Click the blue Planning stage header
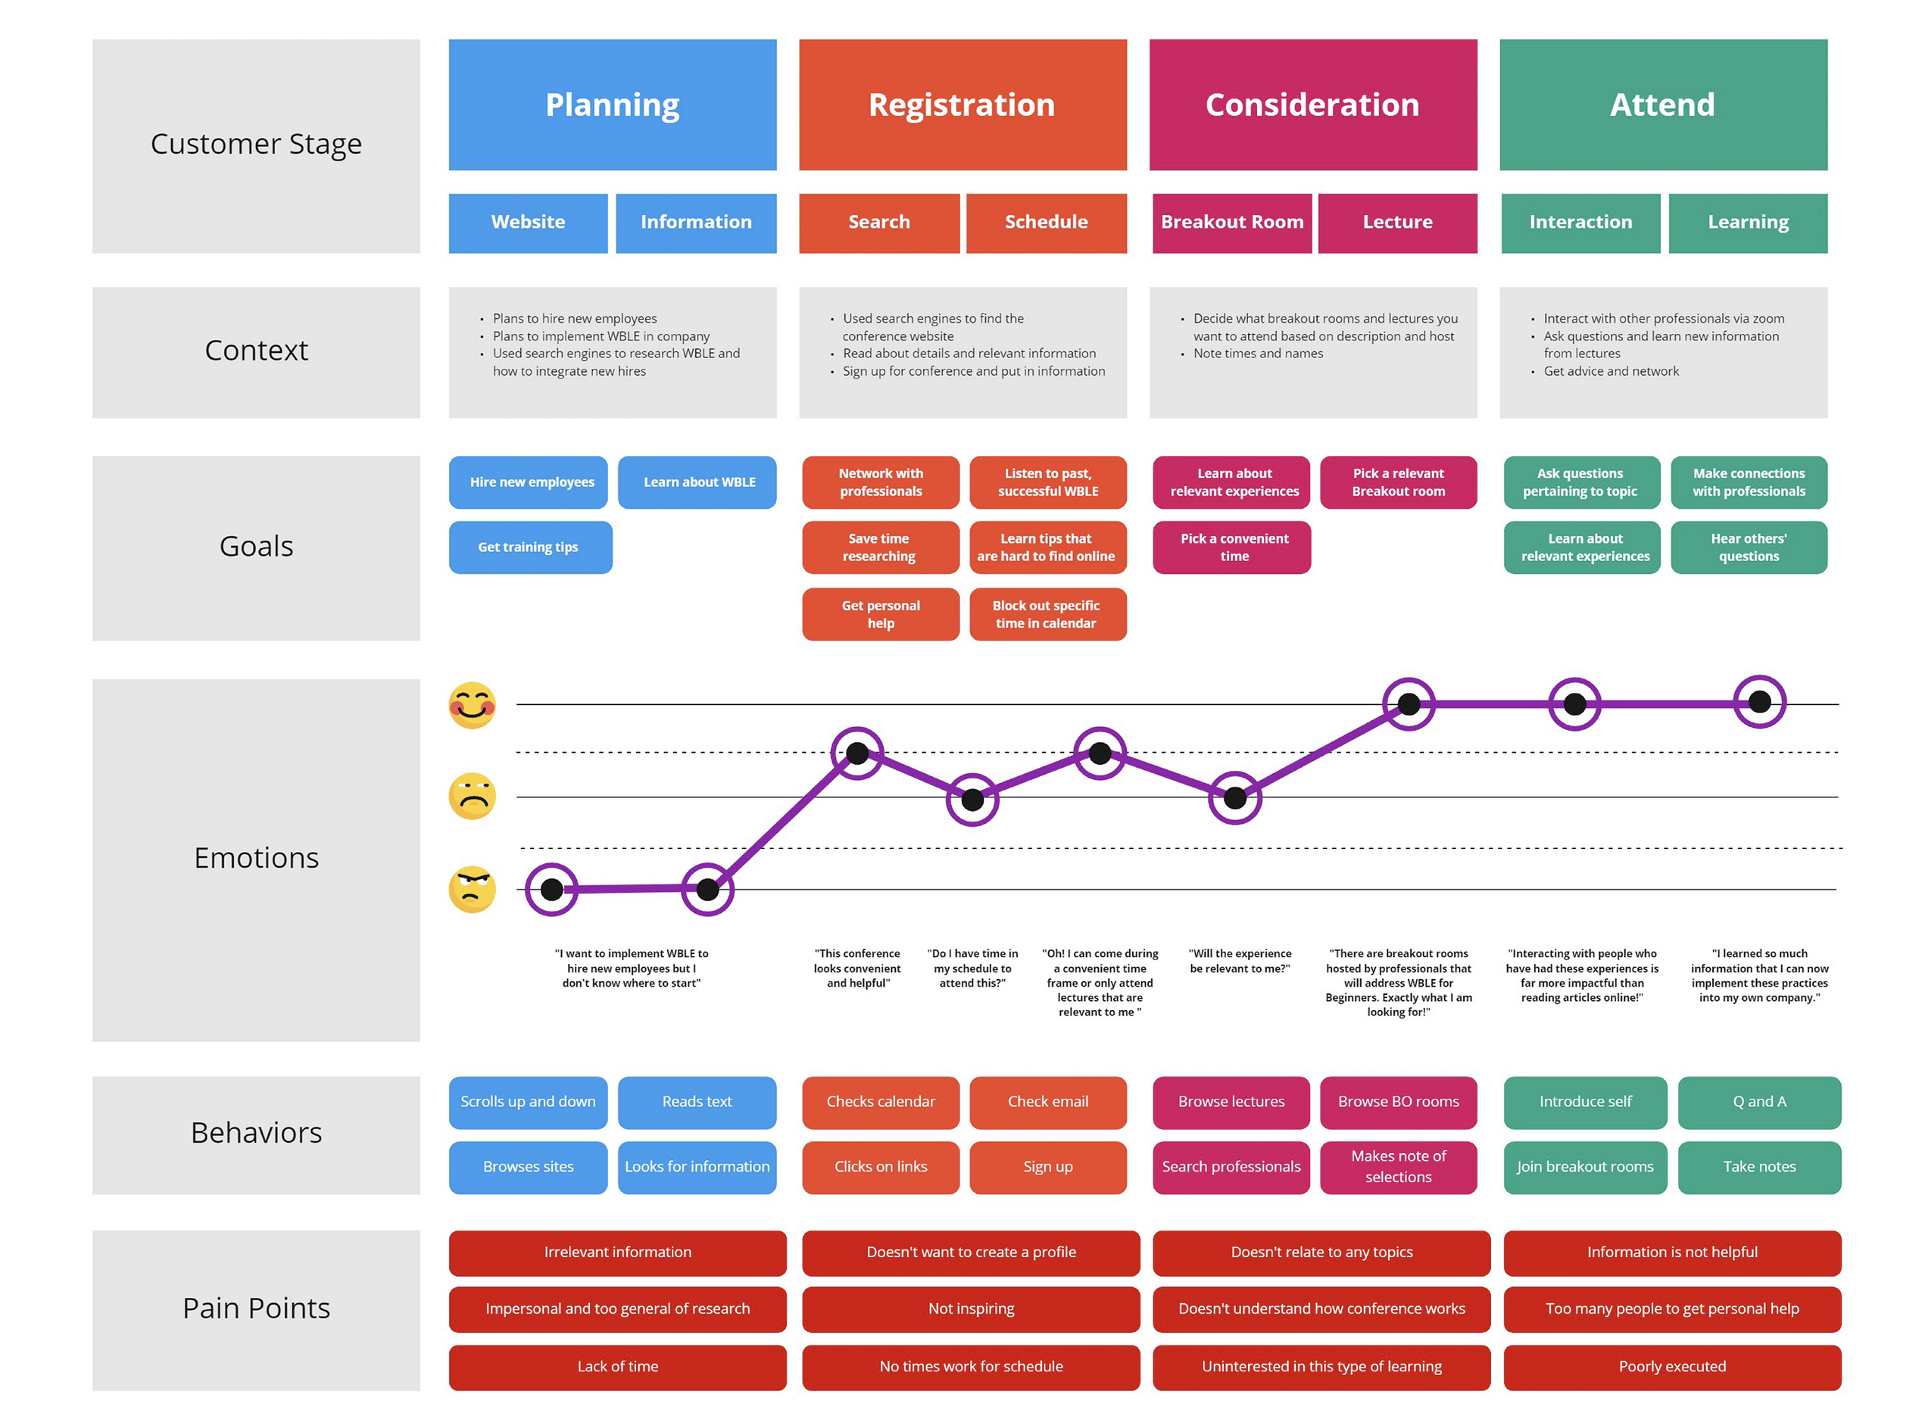click(x=613, y=104)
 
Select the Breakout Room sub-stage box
click(x=1231, y=223)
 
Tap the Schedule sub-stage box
click(x=1046, y=223)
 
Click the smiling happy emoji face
click(x=473, y=705)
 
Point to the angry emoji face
click(x=473, y=890)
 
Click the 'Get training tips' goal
click(x=530, y=547)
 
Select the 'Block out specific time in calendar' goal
click(x=1047, y=614)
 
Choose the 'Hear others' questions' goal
click(x=1749, y=547)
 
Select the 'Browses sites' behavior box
click(x=527, y=1168)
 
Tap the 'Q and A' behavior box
click(x=1759, y=1102)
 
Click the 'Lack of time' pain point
click(x=617, y=1367)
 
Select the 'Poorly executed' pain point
click(x=1671, y=1367)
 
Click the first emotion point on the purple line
click(x=551, y=890)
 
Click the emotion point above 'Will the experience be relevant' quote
click(x=1234, y=798)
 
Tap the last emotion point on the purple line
click(x=1759, y=703)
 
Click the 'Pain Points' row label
click(x=256, y=1309)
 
